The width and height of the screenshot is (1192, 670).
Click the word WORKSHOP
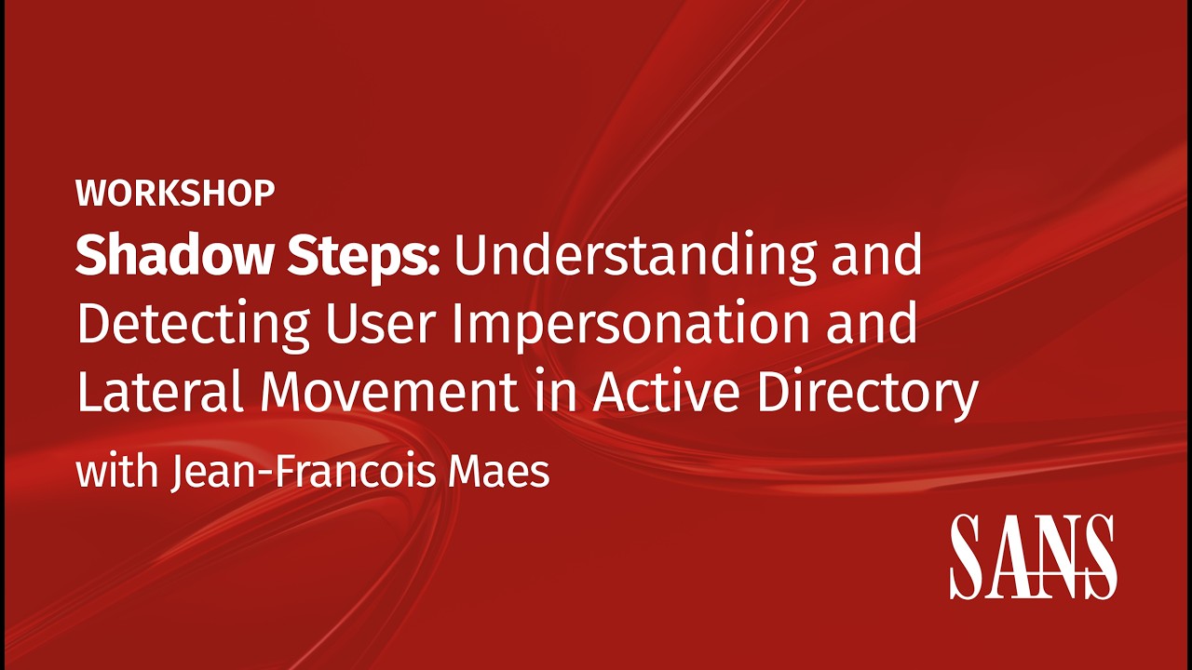[x=175, y=193]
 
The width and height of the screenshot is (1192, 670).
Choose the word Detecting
[x=193, y=326]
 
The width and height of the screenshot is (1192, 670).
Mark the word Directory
[x=866, y=394]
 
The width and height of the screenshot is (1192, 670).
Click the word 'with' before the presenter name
[x=116, y=472]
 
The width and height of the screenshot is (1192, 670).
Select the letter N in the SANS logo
[x=1053, y=556]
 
